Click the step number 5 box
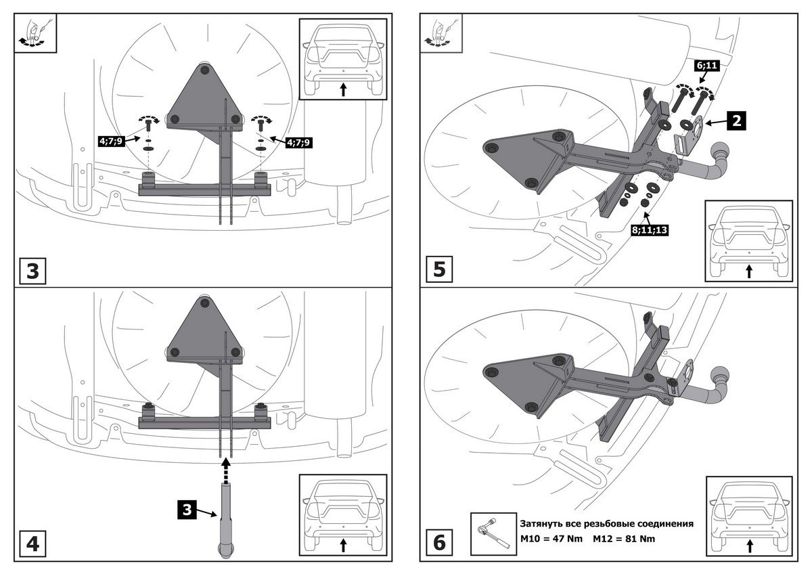[440, 269]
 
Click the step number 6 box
[440, 543]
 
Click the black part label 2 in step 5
[736, 123]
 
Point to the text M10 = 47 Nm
[551, 539]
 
